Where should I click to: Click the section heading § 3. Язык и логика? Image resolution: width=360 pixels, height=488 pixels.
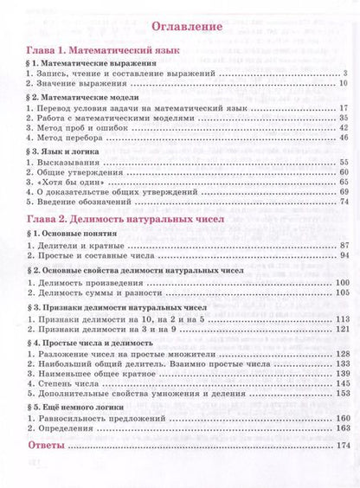(68, 151)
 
